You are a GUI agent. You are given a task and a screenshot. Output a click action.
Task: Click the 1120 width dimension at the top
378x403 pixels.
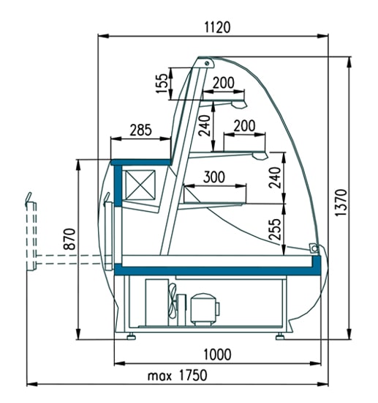pyautogui.click(x=217, y=28)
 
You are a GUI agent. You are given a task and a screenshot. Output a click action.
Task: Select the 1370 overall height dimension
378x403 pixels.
pyautogui.click(x=341, y=203)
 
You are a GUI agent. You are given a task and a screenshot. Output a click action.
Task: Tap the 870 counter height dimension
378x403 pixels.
pyautogui.click(x=69, y=239)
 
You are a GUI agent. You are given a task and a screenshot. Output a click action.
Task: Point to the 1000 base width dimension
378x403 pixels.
pyautogui.click(x=217, y=355)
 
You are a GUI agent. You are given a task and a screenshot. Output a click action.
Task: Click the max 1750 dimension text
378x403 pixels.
pyautogui.click(x=178, y=375)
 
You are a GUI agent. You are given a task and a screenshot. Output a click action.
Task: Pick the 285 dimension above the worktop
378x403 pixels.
pyautogui.click(x=141, y=130)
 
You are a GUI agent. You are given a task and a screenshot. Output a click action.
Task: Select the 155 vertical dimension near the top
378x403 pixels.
pyautogui.click(x=162, y=84)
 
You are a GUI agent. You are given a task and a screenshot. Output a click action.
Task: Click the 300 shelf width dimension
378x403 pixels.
pyautogui.click(x=214, y=177)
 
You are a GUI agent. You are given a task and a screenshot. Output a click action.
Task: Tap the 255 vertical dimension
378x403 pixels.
pyautogui.click(x=276, y=229)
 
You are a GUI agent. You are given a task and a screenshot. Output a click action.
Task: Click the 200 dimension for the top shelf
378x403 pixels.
pyautogui.click(x=224, y=83)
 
